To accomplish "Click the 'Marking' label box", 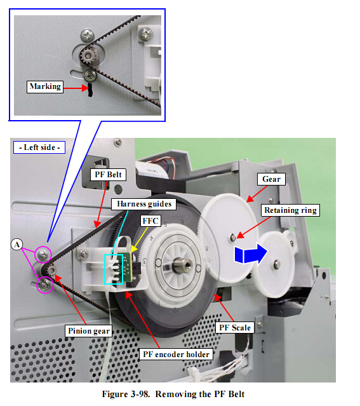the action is click(45, 87).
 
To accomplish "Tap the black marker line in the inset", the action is click(90, 90).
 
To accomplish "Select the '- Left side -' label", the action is click(39, 147).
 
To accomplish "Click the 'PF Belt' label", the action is click(108, 175).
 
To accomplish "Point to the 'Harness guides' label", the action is click(144, 204).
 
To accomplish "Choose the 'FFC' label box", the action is click(150, 221).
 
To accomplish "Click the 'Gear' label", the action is click(271, 179).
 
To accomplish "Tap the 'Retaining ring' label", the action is click(290, 210).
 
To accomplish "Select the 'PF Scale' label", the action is click(235, 328).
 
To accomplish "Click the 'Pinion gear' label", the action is click(88, 331).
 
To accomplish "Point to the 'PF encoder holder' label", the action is click(177, 354).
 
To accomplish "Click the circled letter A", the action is click(17, 245).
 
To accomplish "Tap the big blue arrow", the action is click(251, 254).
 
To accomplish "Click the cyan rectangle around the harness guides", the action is click(105, 269).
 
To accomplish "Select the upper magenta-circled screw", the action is click(43, 255).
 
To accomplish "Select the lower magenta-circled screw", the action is click(45, 285).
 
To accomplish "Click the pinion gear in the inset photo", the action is click(87, 55).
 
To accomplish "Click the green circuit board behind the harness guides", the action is click(126, 267).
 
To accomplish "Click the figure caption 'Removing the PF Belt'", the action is click(200, 394).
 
